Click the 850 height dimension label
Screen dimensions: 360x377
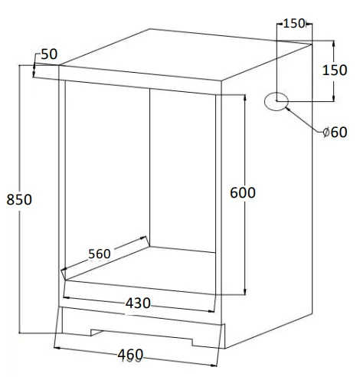tap(19, 199)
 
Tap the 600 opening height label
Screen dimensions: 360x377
tap(243, 192)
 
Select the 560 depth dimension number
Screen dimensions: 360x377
tap(100, 254)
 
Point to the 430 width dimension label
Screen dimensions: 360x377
tap(138, 303)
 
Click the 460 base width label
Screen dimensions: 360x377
tap(130, 355)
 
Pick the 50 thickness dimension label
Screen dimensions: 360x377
tap(49, 54)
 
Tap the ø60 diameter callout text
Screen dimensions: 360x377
tap(335, 133)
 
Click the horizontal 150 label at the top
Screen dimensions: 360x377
tap(294, 24)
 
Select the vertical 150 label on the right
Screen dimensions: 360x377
tap(335, 70)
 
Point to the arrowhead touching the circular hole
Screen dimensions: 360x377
tap(288, 109)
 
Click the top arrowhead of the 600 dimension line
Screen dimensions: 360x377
tap(245, 98)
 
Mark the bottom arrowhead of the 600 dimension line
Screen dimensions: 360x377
tap(245, 292)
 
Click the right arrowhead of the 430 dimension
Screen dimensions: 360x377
tap(212, 311)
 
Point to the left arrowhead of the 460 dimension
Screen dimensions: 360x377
tap(57, 348)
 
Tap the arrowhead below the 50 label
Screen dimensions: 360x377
tap(34, 74)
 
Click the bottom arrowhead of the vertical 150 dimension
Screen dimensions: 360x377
tap(333, 98)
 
